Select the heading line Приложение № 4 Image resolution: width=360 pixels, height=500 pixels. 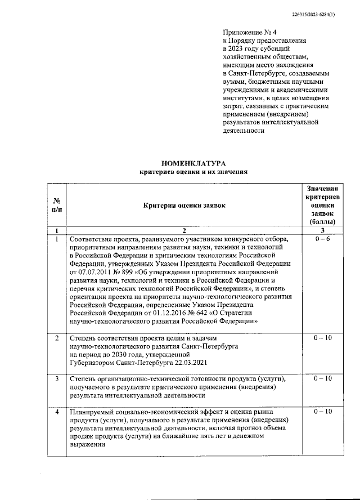[246, 33]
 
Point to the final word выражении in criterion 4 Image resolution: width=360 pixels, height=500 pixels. [87, 444]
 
